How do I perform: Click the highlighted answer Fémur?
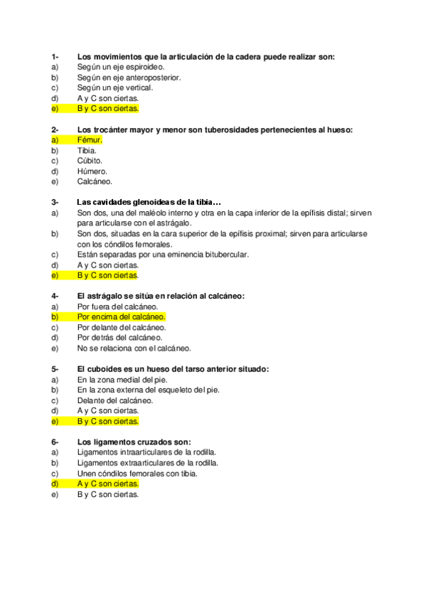click(x=90, y=140)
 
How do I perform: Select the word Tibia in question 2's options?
click(x=87, y=151)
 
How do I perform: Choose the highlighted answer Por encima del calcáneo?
click(x=121, y=316)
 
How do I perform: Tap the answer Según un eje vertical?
click(x=115, y=87)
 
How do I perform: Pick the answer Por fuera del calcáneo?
click(x=118, y=306)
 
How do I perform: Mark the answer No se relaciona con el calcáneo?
click(x=134, y=348)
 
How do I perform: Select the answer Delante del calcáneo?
click(x=115, y=400)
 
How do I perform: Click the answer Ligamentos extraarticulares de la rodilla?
click(x=148, y=463)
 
